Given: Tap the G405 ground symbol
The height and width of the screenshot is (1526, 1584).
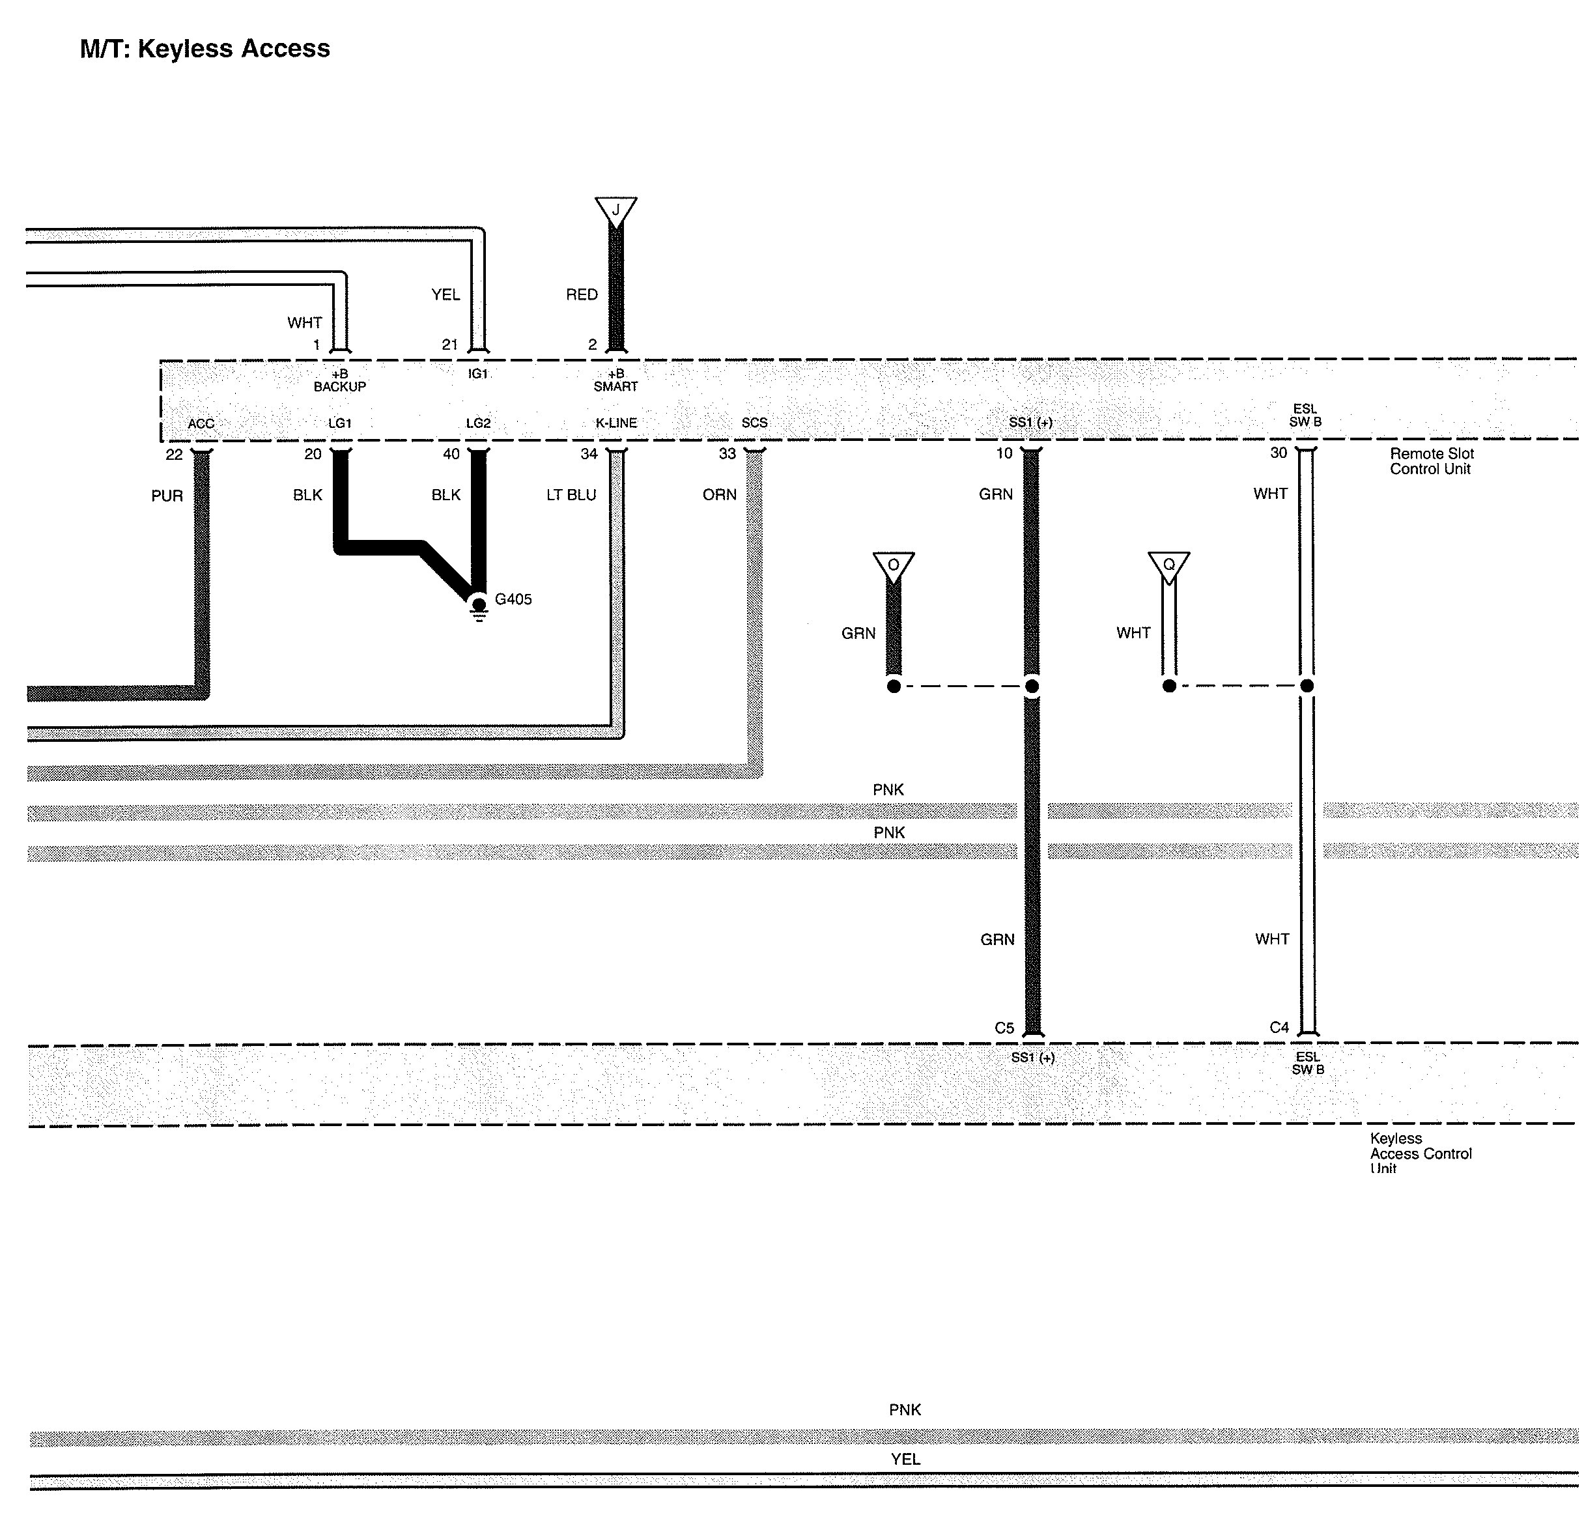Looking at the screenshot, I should click(479, 607).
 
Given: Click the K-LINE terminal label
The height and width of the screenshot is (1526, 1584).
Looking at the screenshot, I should click(616, 423).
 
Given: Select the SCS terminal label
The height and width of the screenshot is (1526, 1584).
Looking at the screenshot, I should click(754, 423).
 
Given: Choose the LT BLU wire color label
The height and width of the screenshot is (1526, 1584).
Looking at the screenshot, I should click(571, 494).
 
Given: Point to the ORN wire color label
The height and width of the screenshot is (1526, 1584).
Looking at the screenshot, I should click(719, 494).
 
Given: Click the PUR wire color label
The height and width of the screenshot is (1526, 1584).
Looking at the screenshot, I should click(167, 496).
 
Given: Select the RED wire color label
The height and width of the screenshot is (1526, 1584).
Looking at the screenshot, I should click(582, 295).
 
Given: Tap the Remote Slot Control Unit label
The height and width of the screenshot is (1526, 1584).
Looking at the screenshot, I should click(1431, 462).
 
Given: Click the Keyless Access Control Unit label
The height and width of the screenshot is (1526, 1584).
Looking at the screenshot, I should click(1420, 1153).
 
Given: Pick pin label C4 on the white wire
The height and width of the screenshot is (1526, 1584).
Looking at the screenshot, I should click(1279, 1027).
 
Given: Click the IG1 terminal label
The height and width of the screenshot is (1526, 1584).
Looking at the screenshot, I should click(477, 373).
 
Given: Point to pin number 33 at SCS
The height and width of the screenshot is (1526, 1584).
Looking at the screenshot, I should click(728, 454).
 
